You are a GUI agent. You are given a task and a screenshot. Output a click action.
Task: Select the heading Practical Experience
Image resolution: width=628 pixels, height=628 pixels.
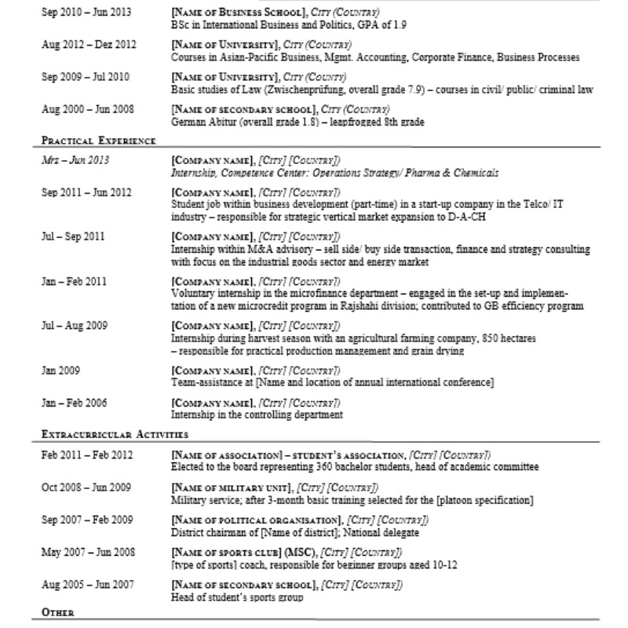[97, 141]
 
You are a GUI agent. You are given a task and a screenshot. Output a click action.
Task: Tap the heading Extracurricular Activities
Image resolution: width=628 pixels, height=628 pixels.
[114, 433]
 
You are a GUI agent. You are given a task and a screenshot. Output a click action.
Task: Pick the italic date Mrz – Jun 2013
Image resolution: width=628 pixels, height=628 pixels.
[75, 161]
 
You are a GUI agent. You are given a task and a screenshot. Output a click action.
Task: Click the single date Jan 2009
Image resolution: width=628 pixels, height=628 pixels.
[59, 370]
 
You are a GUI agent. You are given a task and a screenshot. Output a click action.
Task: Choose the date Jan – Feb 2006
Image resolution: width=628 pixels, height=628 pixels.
[75, 403]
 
